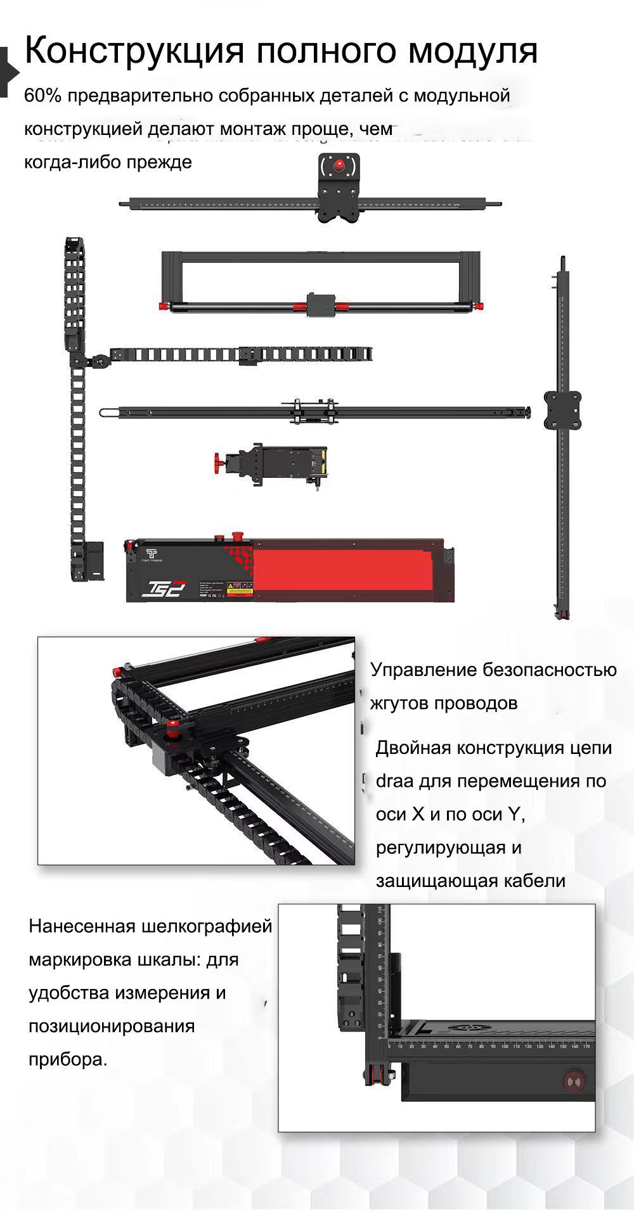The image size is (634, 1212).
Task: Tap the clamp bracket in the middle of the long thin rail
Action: (x=314, y=411)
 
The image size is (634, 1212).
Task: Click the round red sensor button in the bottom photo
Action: (x=574, y=1080)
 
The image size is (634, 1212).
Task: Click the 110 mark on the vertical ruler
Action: (x=380, y=910)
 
